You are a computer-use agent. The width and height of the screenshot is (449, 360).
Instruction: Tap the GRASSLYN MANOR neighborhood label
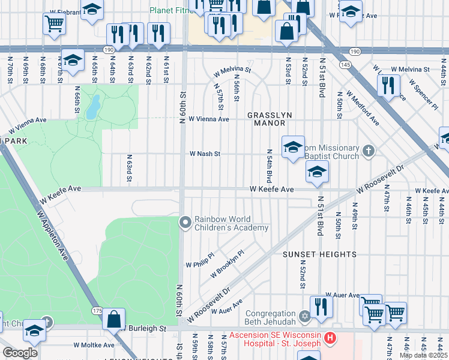click(x=268, y=119)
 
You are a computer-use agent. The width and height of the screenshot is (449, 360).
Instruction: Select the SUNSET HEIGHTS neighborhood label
click(x=320, y=254)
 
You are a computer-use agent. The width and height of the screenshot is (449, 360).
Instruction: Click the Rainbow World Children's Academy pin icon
click(x=185, y=223)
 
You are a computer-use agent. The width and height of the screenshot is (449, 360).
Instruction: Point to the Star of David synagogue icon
click(x=304, y=316)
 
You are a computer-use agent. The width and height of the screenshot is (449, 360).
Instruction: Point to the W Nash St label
click(x=205, y=154)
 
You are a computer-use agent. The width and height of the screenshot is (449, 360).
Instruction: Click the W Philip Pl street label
click(x=200, y=264)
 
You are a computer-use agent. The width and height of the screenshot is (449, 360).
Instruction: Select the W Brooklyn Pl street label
click(x=228, y=265)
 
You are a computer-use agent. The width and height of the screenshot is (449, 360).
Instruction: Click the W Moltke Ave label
click(x=94, y=345)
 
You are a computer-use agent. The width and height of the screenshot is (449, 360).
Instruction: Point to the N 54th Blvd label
click(x=268, y=168)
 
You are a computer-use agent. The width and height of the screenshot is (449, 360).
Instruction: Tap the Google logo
click(x=20, y=353)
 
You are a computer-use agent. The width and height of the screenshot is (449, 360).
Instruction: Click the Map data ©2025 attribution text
click(x=424, y=355)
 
